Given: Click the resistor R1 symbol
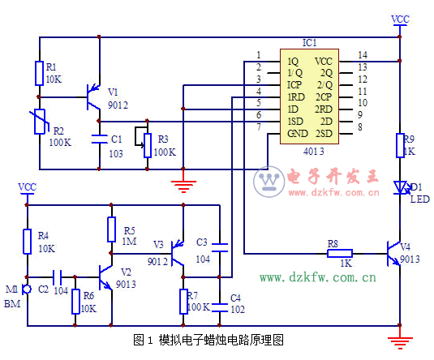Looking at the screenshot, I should (x=38, y=73).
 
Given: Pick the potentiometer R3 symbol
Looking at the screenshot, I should (x=147, y=144).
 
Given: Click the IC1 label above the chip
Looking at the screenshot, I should (x=309, y=42).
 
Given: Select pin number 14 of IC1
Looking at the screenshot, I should (x=362, y=54).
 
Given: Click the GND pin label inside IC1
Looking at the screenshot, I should (x=297, y=133).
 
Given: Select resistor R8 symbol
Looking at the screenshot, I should (x=338, y=253).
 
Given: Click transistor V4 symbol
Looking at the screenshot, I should (x=393, y=253).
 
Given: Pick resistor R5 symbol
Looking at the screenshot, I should (x=112, y=229).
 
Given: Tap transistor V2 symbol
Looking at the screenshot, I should (x=106, y=276).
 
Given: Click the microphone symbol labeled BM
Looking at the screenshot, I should (x=27, y=289).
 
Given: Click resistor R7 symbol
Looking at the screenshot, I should (x=183, y=302).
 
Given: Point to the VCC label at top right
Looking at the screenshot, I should (x=400, y=18).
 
